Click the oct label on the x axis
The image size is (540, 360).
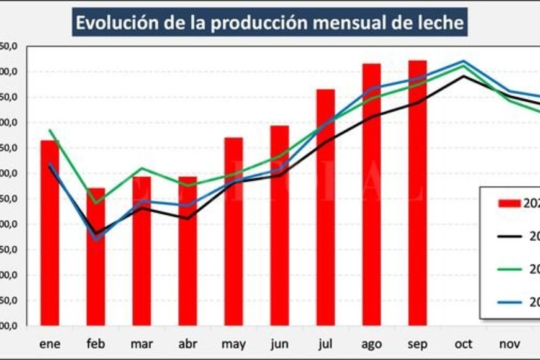point(463,344)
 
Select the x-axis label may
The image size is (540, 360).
point(233,344)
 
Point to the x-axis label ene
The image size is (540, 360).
point(50,344)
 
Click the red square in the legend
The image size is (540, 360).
point(510,203)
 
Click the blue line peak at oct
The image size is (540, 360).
point(463,61)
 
